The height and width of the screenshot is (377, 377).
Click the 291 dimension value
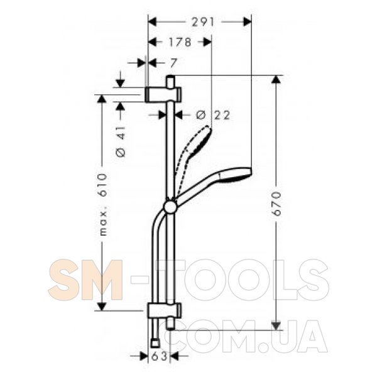pos(202,23)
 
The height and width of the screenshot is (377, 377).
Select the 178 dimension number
pos(180,42)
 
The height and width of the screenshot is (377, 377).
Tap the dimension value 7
pos(173,63)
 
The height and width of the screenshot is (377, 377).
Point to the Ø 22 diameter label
pos(213,115)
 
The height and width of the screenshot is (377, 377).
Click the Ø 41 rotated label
pos(121,141)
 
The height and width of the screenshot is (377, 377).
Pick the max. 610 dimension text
pos(103,204)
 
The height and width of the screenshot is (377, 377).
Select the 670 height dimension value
pos(276,204)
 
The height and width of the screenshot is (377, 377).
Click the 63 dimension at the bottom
pos(159,356)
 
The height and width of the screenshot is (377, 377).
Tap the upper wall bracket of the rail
pos(163,94)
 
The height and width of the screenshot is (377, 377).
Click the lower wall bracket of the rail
pos(165,310)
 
